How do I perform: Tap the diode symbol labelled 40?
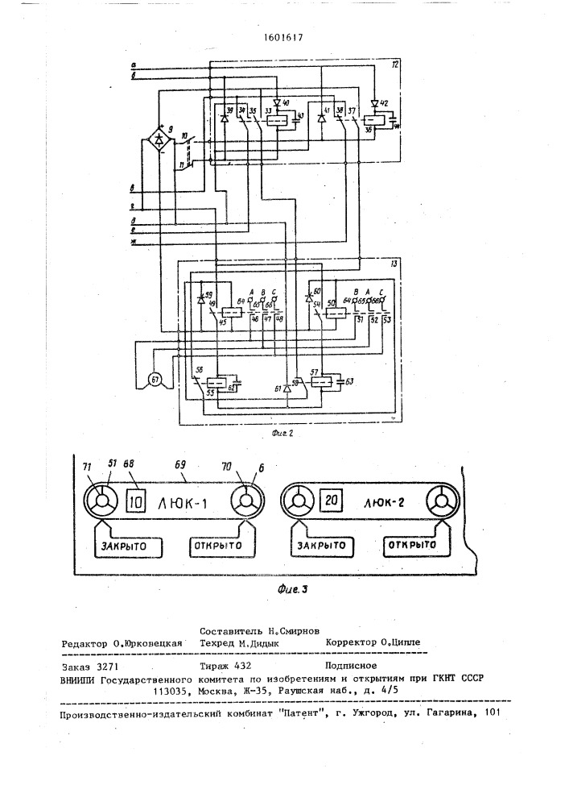point(277,104)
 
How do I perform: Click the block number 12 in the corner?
point(395,64)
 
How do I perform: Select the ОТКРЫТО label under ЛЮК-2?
point(416,545)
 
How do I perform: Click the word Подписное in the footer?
point(351,666)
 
